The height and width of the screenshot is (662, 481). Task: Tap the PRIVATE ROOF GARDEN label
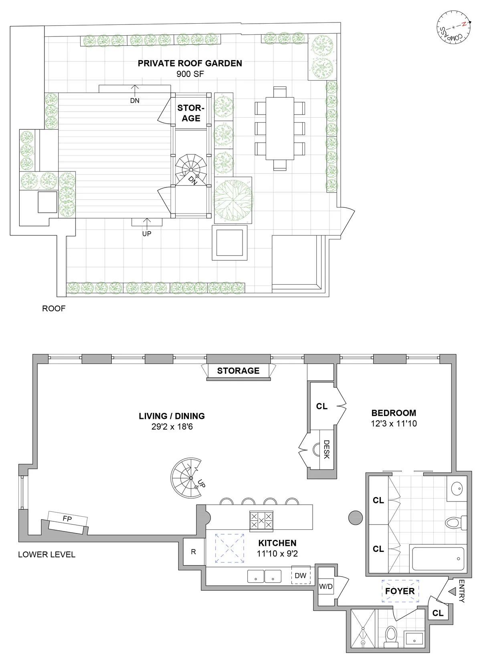click(190, 63)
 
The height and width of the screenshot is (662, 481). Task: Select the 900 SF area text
click(190, 74)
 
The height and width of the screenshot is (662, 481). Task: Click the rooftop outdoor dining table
click(280, 129)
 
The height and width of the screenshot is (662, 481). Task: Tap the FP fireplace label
click(67, 519)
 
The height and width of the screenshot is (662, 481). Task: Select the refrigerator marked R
click(193, 552)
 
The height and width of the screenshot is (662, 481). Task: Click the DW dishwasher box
click(300, 575)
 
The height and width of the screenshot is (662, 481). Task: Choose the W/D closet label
click(326, 587)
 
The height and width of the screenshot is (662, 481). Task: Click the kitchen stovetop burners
click(261, 521)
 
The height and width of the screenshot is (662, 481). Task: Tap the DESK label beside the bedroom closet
click(326, 449)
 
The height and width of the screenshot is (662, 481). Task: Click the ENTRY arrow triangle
click(452, 591)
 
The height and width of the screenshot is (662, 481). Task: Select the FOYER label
click(400, 591)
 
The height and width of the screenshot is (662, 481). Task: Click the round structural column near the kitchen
click(355, 517)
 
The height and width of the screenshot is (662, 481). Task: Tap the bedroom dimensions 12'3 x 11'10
click(394, 423)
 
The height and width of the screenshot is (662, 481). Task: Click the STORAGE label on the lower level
click(238, 371)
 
